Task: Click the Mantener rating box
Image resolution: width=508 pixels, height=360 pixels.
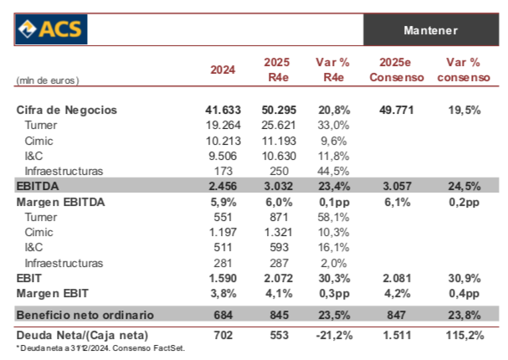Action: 430,30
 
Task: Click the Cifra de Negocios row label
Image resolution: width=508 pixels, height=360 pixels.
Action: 67,110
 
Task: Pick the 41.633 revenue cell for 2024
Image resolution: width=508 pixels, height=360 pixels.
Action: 222,110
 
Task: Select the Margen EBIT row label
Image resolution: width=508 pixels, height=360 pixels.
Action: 54,293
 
